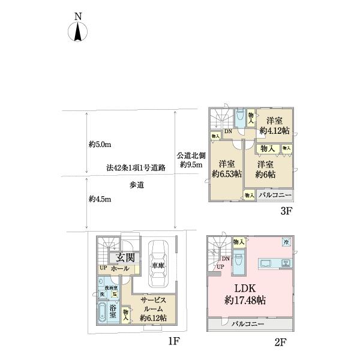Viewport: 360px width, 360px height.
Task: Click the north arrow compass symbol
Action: [x=78, y=29]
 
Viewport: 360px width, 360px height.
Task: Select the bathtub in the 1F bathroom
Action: [x=103, y=313]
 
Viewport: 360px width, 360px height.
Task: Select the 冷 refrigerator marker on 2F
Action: [x=286, y=242]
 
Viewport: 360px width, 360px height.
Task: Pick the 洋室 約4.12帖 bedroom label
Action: [x=275, y=124]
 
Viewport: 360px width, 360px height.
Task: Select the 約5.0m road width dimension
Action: [x=100, y=145]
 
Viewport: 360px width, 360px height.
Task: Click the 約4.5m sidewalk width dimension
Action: [x=100, y=199]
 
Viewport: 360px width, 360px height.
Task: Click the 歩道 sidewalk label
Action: [x=136, y=185]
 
